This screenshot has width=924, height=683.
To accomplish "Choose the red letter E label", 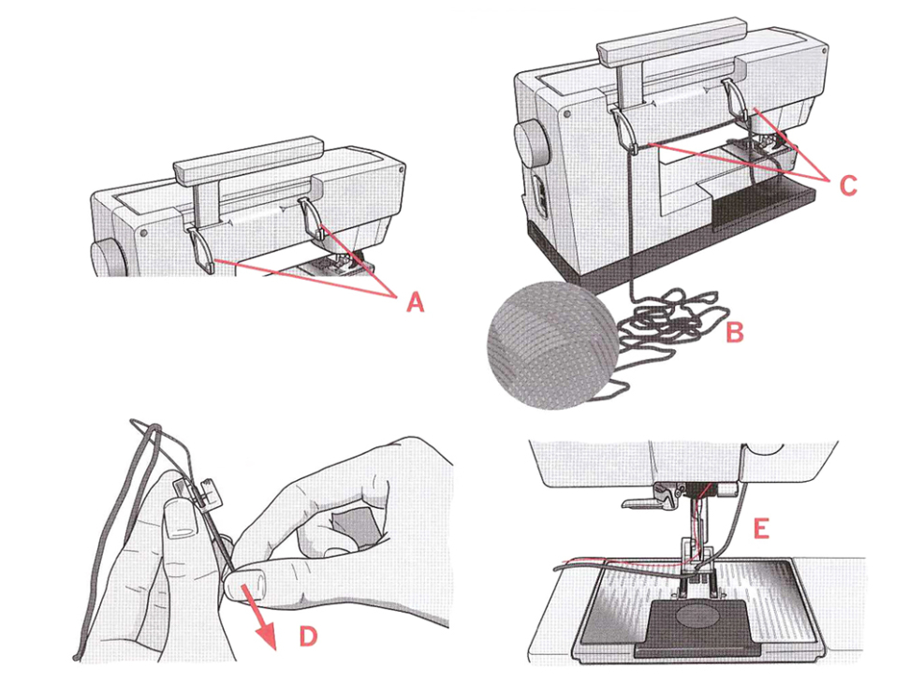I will coord(761,529).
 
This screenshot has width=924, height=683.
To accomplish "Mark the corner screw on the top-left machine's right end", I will coord(402,173).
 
